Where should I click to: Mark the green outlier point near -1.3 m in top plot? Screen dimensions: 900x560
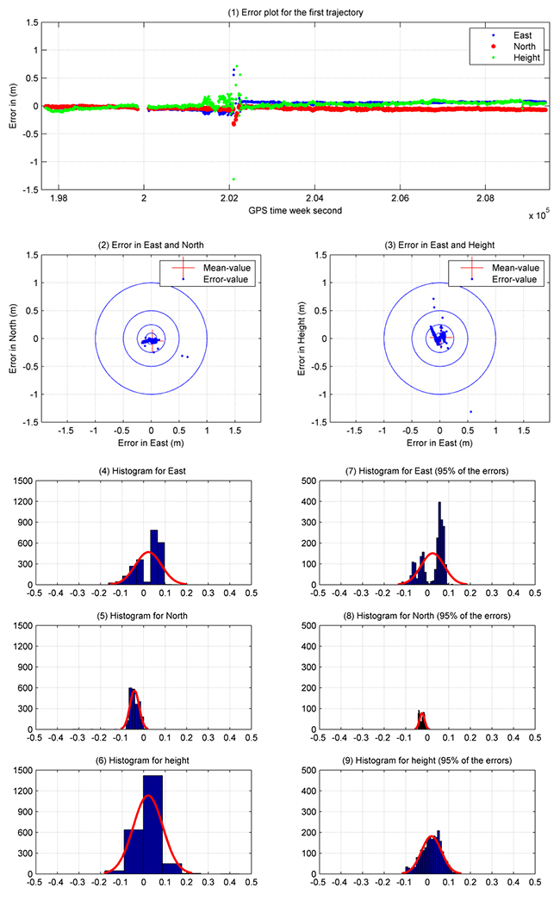tap(233, 179)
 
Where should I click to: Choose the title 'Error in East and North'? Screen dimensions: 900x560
tap(150, 245)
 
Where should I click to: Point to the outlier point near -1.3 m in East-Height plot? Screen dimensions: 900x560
tap(470, 412)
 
